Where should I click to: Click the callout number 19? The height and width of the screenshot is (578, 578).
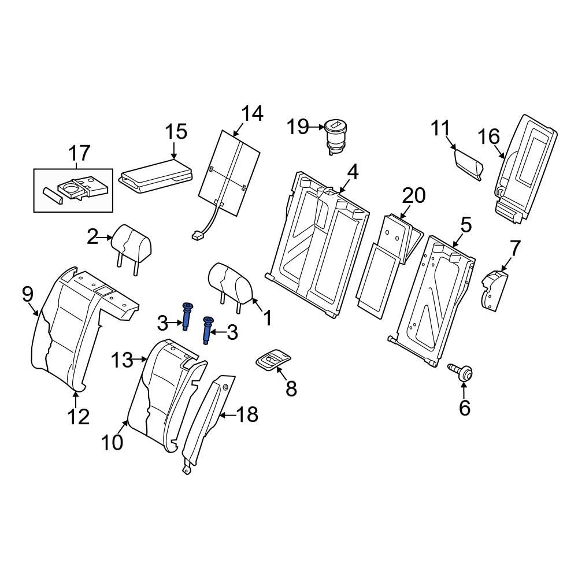pos(299,126)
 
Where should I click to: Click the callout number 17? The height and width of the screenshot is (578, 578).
pos(80,153)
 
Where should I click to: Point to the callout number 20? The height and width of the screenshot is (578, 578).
pos(413,197)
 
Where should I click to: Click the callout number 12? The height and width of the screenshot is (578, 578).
pos(78,416)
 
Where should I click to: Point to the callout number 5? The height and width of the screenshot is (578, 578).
pos(466,224)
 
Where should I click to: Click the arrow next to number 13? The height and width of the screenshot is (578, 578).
pos(140,360)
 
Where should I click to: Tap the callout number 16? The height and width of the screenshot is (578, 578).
pos(488,137)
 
